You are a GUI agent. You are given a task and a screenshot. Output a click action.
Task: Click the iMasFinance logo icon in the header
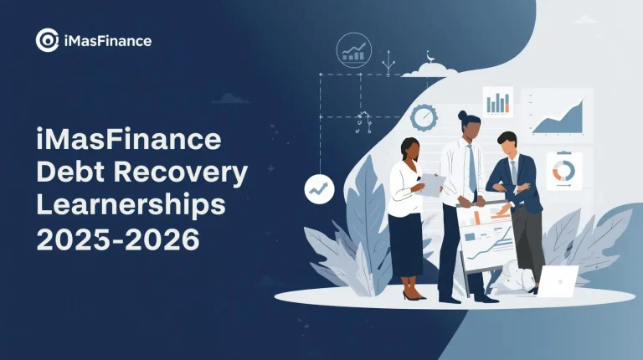(x=47, y=39)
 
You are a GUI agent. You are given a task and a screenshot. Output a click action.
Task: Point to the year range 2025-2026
(x=117, y=239)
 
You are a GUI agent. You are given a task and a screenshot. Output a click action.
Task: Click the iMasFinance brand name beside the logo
(x=105, y=39)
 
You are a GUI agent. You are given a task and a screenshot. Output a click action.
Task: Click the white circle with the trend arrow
(x=320, y=189)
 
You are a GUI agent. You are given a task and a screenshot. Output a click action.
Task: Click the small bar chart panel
(x=497, y=103)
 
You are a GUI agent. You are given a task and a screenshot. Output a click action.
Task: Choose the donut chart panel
(x=563, y=171)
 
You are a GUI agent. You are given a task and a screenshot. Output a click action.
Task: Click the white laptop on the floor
(x=558, y=281)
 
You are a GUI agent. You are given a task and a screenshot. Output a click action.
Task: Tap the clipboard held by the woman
(x=431, y=183)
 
